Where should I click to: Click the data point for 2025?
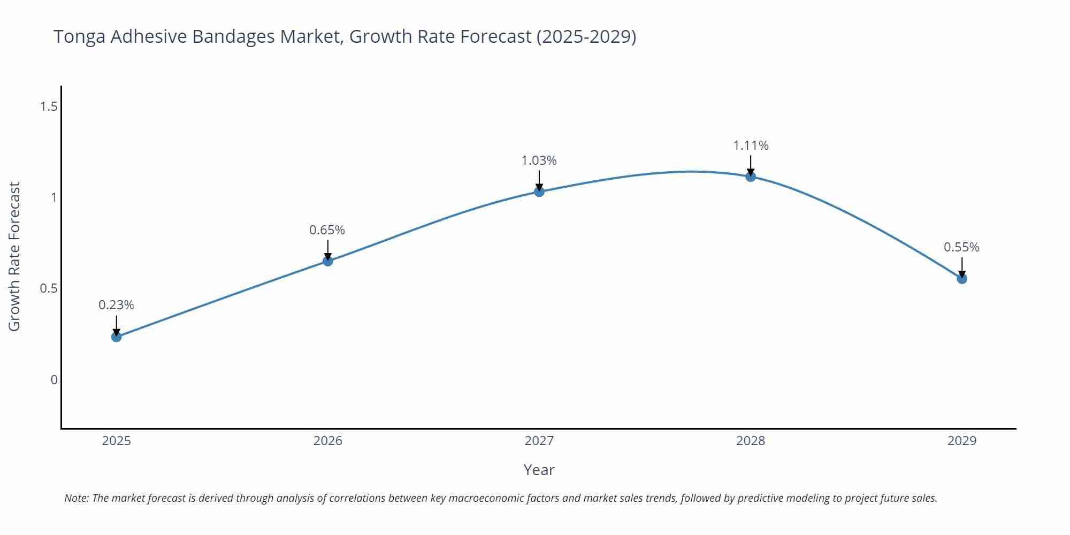(x=116, y=337)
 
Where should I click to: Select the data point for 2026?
(x=328, y=261)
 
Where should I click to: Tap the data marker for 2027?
(x=539, y=192)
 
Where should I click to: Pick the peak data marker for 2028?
(x=751, y=177)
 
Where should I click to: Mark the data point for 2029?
(x=962, y=279)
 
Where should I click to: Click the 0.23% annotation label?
(x=116, y=305)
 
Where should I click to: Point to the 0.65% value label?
(x=327, y=230)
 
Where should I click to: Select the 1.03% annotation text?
(x=539, y=160)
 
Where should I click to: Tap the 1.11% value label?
(x=751, y=146)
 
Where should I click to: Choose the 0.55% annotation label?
(x=961, y=247)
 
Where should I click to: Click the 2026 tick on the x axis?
(x=327, y=441)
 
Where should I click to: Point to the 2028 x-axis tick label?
(x=751, y=441)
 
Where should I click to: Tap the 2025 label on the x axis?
(x=116, y=441)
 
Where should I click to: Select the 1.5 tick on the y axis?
(x=49, y=106)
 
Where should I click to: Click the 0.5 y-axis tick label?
(x=49, y=288)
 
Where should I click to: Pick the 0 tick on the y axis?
(x=54, y=380)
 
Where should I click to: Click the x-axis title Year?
(x=539, y=470)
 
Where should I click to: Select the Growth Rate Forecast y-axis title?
(x=14, y=256)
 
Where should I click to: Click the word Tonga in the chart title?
(x=79, y=36)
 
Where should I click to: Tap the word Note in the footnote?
(x=76, y=498)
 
